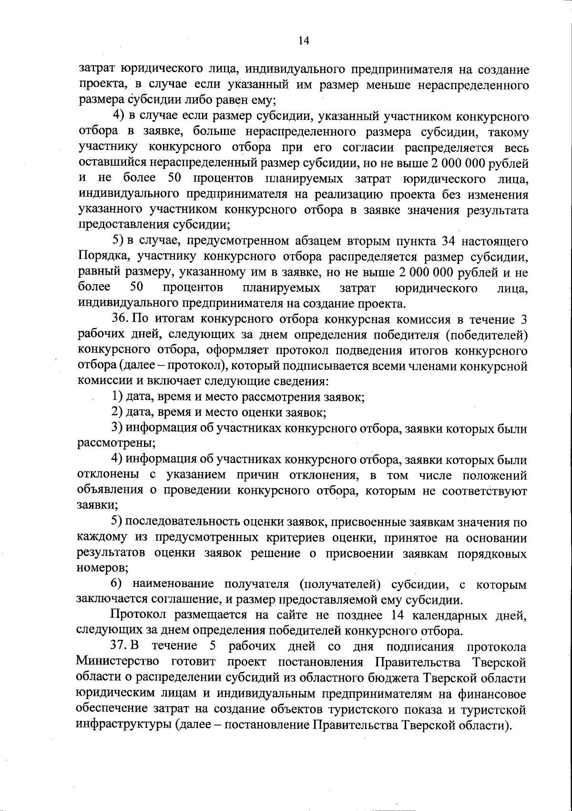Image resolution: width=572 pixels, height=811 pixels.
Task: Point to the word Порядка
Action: pyautogui.click(x=102, y=257)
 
